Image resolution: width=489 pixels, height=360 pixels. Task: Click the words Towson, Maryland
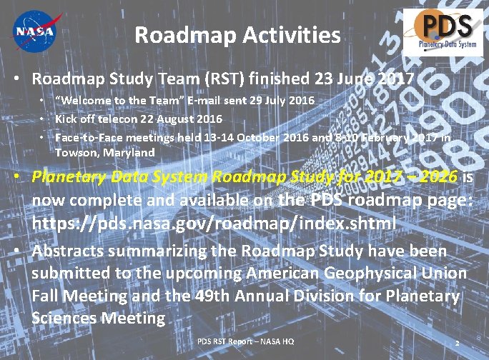pyautogui.click(x=105, y=152)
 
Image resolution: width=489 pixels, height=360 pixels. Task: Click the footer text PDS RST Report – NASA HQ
pyautogui.click(x=245, y=341)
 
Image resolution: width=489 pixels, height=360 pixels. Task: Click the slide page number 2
pyautogui.click(x=456, y=344)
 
